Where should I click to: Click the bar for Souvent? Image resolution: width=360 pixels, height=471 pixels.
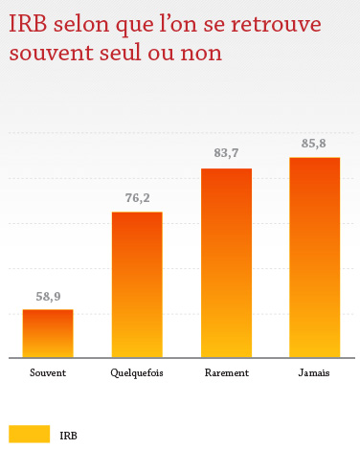point(48,333)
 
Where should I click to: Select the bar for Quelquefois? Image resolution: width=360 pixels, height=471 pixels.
point(137,284)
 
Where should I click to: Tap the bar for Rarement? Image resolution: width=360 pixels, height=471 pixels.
point(226,263)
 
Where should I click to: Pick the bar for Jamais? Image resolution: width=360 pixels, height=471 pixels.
point(314,258)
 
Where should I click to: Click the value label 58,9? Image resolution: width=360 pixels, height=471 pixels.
point(49,297)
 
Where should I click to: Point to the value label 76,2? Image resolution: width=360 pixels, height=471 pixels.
point(137,199)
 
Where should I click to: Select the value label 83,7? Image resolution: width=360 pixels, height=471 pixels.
point(226,154)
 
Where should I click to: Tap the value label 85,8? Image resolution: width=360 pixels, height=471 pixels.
point(314,144)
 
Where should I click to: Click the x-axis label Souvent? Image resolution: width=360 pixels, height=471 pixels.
point(48,373)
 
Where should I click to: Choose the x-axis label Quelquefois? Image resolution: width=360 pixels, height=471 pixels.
point(137,373)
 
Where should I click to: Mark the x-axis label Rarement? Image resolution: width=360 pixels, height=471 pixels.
point(226,373)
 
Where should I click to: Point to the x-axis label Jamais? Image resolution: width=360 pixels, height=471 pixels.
point(314,373)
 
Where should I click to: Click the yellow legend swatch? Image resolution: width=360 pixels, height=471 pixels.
point(29,435)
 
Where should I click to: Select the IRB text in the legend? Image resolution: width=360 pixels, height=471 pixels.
point(68,436)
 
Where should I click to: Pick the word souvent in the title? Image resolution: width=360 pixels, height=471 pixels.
point(43,53)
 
